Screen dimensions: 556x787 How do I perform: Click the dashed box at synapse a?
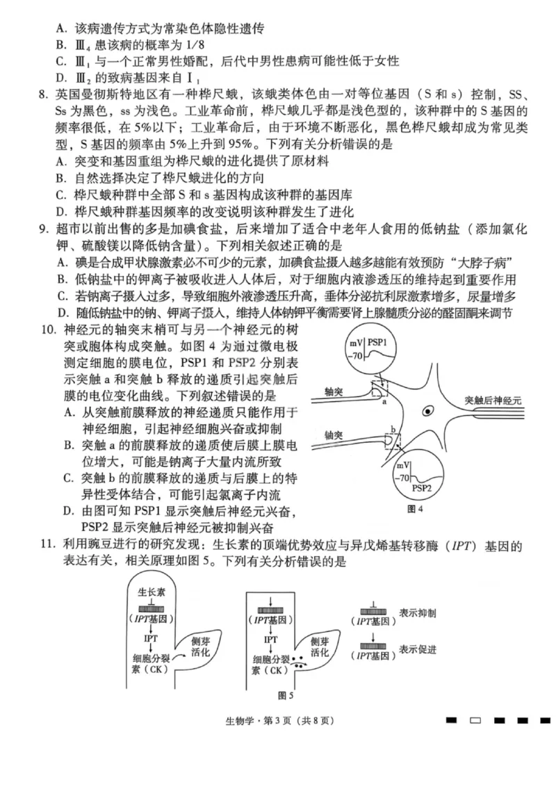(380, 388)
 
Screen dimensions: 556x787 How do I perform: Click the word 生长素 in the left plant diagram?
(151, 592)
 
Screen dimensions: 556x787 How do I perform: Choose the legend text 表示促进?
(418, 650)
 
